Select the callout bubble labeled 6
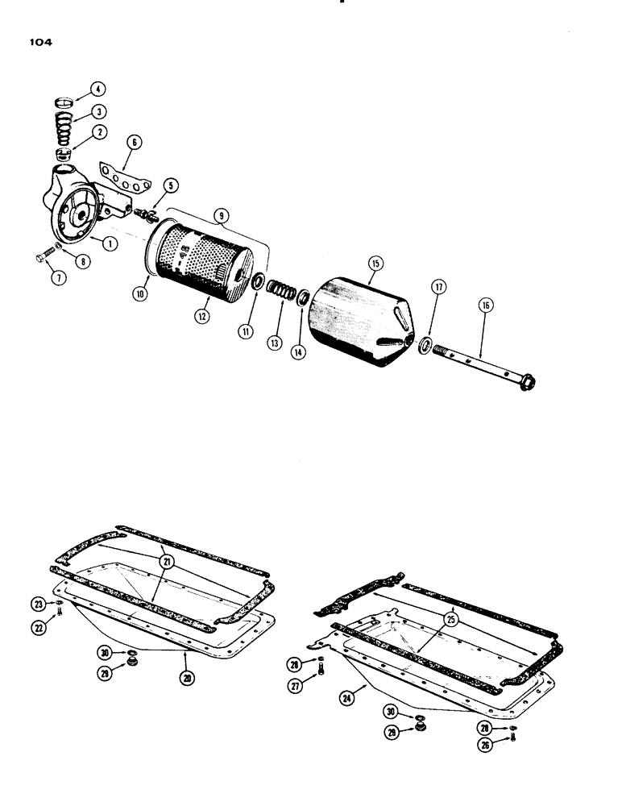134,142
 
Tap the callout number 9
221,216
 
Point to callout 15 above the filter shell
374,263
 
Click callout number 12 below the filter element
201,317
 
